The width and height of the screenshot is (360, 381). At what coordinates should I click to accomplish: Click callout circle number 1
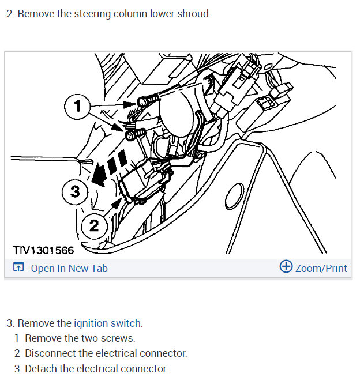click(77, 106)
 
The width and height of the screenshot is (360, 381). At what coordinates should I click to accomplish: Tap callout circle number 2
click(94, 225)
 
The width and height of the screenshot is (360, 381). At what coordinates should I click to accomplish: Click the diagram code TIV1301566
click(43, 250)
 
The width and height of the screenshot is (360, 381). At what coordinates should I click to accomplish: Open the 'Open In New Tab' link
click(69, 268)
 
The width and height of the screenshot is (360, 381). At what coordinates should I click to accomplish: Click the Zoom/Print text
click(321, 268)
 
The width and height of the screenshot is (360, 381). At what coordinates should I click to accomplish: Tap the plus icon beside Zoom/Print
click(286, 267)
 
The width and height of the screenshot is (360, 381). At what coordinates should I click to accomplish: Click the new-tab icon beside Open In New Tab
click(18, 268)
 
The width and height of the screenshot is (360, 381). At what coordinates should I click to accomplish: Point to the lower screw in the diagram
click(132, 135)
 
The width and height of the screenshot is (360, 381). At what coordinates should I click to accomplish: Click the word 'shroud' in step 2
click(194, 13)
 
